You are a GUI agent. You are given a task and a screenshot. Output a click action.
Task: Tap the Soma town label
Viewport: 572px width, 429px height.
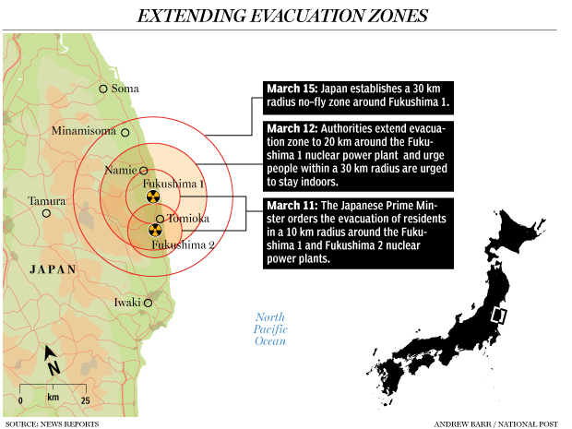(125, 89)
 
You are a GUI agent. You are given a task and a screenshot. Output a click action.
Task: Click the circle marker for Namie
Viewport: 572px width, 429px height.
(144, 170)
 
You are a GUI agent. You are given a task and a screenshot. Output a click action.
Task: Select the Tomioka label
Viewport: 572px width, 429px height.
(189, 219)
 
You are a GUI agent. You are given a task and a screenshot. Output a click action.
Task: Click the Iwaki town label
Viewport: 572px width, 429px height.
(126, 302)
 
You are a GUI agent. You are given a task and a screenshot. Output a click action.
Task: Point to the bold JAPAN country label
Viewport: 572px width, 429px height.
(53, 269)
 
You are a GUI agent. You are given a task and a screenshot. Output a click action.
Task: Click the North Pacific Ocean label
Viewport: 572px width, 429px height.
(271, 329)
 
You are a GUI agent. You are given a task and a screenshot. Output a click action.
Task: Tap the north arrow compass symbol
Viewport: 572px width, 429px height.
(52, 359)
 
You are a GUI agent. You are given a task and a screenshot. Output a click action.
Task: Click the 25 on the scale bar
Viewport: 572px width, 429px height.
(84, 401)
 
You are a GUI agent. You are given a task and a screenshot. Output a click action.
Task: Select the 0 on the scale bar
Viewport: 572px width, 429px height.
(20, 401)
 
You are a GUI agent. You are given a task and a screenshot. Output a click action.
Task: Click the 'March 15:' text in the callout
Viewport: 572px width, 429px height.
(292, 89)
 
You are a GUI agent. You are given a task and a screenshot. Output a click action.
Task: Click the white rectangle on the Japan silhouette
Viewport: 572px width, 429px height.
(500, 316)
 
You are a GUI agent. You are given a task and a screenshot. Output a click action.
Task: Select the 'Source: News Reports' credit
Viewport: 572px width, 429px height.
(52, 423)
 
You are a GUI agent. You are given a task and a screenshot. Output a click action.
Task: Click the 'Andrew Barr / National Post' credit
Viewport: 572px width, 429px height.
(495, 423)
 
